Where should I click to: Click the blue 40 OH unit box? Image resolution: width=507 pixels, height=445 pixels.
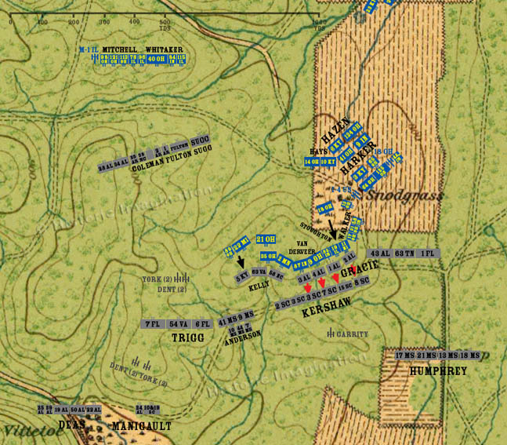(x=156, y=59)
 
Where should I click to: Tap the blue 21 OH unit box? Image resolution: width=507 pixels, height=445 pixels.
(x=266, y=239)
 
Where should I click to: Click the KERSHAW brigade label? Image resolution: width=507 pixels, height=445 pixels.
(x=325, y=312)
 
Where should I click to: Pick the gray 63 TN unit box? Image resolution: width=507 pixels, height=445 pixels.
(x=404, y=253)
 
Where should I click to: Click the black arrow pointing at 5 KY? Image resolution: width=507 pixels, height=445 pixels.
(x=241, y=263)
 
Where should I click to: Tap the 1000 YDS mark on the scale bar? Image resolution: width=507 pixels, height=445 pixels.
(x=319, y=21)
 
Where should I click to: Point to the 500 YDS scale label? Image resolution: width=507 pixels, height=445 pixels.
(x=165, y=23)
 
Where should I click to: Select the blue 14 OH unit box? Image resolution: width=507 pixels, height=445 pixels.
(x=311, y=162)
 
